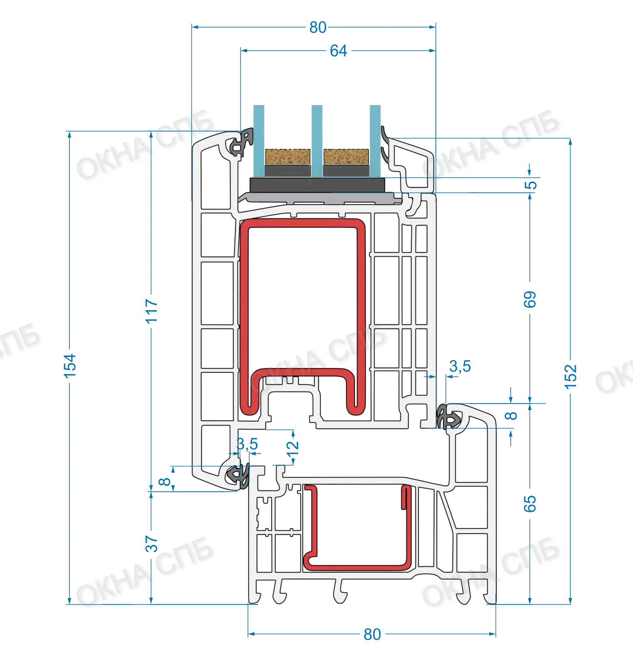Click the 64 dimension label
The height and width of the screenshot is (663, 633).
pyautogui.click(x=338, y=51)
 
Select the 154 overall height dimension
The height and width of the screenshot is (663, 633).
pyautogui.click(x=70, y=366)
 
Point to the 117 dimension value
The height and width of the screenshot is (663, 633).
pyautogui.click(x=151, y=311)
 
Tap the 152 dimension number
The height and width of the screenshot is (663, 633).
pyautogui.click(x=571, y=376)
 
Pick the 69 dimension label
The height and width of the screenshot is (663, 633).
pyautogui.click(x=530, y=300)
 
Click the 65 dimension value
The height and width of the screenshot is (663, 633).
pyautogui.click(x=530, y=504)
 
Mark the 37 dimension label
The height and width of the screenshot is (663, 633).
pyautogui.click(x=151, y=544)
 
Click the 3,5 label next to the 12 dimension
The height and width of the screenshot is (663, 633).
pyautogui.click(x=247, y=445)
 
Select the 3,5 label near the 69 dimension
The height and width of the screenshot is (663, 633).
pyautogui.click(x=460, y=366)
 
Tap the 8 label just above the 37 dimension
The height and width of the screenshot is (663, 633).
pyautogui.click(x=165, y=482)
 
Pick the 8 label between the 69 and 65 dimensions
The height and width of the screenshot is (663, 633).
pyautogui.click(x=511, y=416)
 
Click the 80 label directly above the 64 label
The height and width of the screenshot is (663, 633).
pyautogui.click(x=318, y=28)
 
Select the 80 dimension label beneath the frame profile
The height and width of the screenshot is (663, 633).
pyautogui.click(x=372, y=634)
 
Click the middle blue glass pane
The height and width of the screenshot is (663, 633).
pyautogui.click(x=317, y=141)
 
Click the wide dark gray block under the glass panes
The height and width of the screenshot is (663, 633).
pyautogui.click(x=317, y=185)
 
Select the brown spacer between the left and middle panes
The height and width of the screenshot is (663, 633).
pyautogui.click(x=288, y=157)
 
